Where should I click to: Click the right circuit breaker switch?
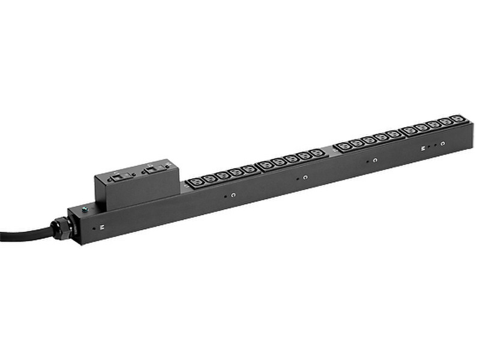tap(151, 170)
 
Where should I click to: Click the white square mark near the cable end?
tap(101, 227)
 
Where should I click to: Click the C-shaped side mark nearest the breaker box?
tap(233, 195)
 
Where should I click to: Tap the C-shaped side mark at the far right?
tap(442, 145)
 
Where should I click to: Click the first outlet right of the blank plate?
tap(343, 146)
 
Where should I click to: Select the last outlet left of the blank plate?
tap(316, 152)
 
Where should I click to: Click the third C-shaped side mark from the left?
tap(374, 161)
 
